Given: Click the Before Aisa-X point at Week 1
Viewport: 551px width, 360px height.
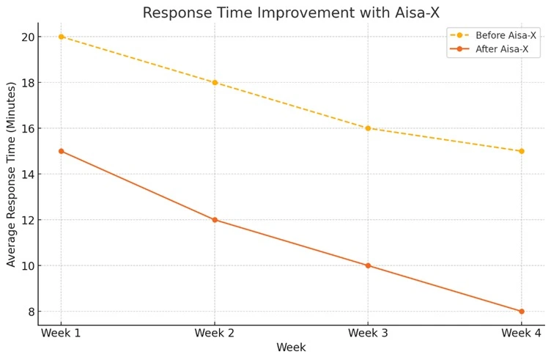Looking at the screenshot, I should [x=61, y=37].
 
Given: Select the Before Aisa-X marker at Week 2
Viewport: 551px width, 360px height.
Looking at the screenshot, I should [x=215, y=82].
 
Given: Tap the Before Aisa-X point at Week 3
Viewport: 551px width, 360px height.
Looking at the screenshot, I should [x=368, y=128].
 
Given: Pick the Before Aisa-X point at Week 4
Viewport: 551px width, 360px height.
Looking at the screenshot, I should [x=521, y=151].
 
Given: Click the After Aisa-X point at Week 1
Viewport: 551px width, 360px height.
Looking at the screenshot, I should [x=61, y=151].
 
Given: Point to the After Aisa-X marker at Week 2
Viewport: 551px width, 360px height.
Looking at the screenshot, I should [x=215, y=220].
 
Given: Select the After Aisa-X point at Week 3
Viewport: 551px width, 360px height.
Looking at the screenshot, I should [x=368, y=265].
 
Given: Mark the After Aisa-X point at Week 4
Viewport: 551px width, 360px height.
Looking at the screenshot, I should [x=521, y=312].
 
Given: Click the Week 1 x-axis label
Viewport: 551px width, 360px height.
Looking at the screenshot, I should [x=61, y=334].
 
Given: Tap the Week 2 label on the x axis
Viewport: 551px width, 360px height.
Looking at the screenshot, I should [x=215, y=334].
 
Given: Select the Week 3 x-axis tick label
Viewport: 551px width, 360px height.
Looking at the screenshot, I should [x=368, y=334].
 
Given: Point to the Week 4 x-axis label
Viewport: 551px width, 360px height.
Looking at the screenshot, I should [x=521, y=334].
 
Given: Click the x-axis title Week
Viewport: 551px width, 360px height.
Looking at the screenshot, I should [x=291, y=348].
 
